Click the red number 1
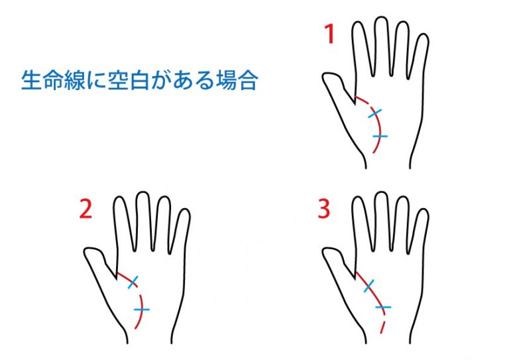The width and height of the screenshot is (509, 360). (x=330, y=34)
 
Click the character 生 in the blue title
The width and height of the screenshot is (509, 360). (x=32, y=80)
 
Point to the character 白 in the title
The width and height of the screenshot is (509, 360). (x=139, y=80)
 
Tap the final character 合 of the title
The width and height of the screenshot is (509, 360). (x=247, y=80)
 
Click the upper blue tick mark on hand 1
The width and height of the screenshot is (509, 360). (x=374, y=113)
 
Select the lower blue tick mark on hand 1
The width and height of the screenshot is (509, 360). (x=380, y=136)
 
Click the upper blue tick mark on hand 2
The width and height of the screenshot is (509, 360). (x=133, y=282)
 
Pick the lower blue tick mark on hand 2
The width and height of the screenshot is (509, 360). (x=142, y=310)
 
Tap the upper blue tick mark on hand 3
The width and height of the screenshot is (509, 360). (x=368, y=286)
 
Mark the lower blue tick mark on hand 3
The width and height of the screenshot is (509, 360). (x=383, y=307)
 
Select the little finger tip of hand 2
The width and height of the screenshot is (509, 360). (x=186, y=210)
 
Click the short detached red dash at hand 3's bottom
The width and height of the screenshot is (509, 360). (x=382, y=328)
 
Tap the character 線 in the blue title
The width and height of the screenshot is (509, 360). (x=75, y=80)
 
